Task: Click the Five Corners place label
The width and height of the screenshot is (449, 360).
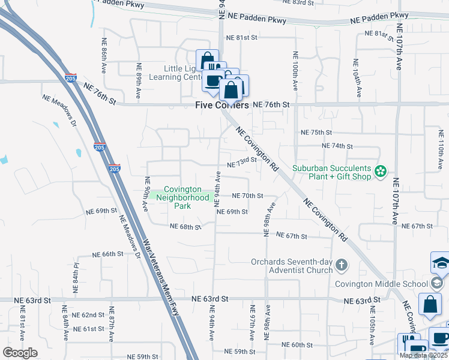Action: (x=222, y=105)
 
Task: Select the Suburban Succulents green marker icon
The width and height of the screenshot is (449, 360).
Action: (x=380, y=172)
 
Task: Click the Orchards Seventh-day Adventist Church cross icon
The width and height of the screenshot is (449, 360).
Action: (x=342, y=265)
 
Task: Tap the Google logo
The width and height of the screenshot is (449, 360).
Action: (x=20, y=353)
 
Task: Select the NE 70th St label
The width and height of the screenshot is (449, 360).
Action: (x=248, y=196)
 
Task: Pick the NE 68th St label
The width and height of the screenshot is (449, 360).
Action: (x=185, y=227)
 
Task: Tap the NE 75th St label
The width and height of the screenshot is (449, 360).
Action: (x=316, y=133)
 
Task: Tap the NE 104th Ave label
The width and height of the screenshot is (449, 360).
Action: (x=358, y=79)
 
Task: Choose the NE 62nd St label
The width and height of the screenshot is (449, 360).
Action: (x=88, y=315)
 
